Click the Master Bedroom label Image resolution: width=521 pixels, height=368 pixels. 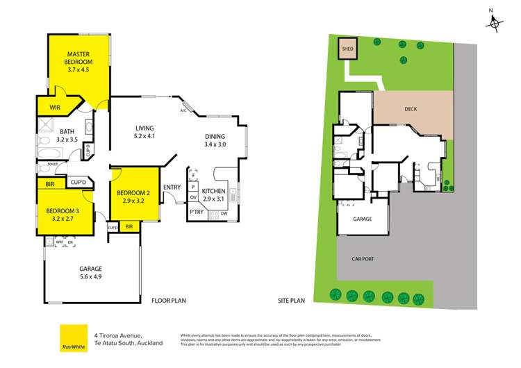79,61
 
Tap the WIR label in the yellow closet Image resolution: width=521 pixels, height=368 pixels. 54,108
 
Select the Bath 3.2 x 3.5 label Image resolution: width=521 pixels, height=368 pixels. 67,135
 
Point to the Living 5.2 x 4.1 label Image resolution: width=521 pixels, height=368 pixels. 144,132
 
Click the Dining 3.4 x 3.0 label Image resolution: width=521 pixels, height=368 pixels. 215,140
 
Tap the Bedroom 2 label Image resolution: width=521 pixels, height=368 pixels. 134,196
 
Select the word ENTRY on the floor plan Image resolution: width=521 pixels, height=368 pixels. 172,187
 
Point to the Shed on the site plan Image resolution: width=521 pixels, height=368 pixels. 347,49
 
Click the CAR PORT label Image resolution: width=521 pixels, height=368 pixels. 363,259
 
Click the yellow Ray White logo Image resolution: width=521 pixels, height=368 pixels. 69,337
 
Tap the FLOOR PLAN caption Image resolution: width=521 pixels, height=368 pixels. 169,301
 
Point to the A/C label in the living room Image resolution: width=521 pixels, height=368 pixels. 183,110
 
